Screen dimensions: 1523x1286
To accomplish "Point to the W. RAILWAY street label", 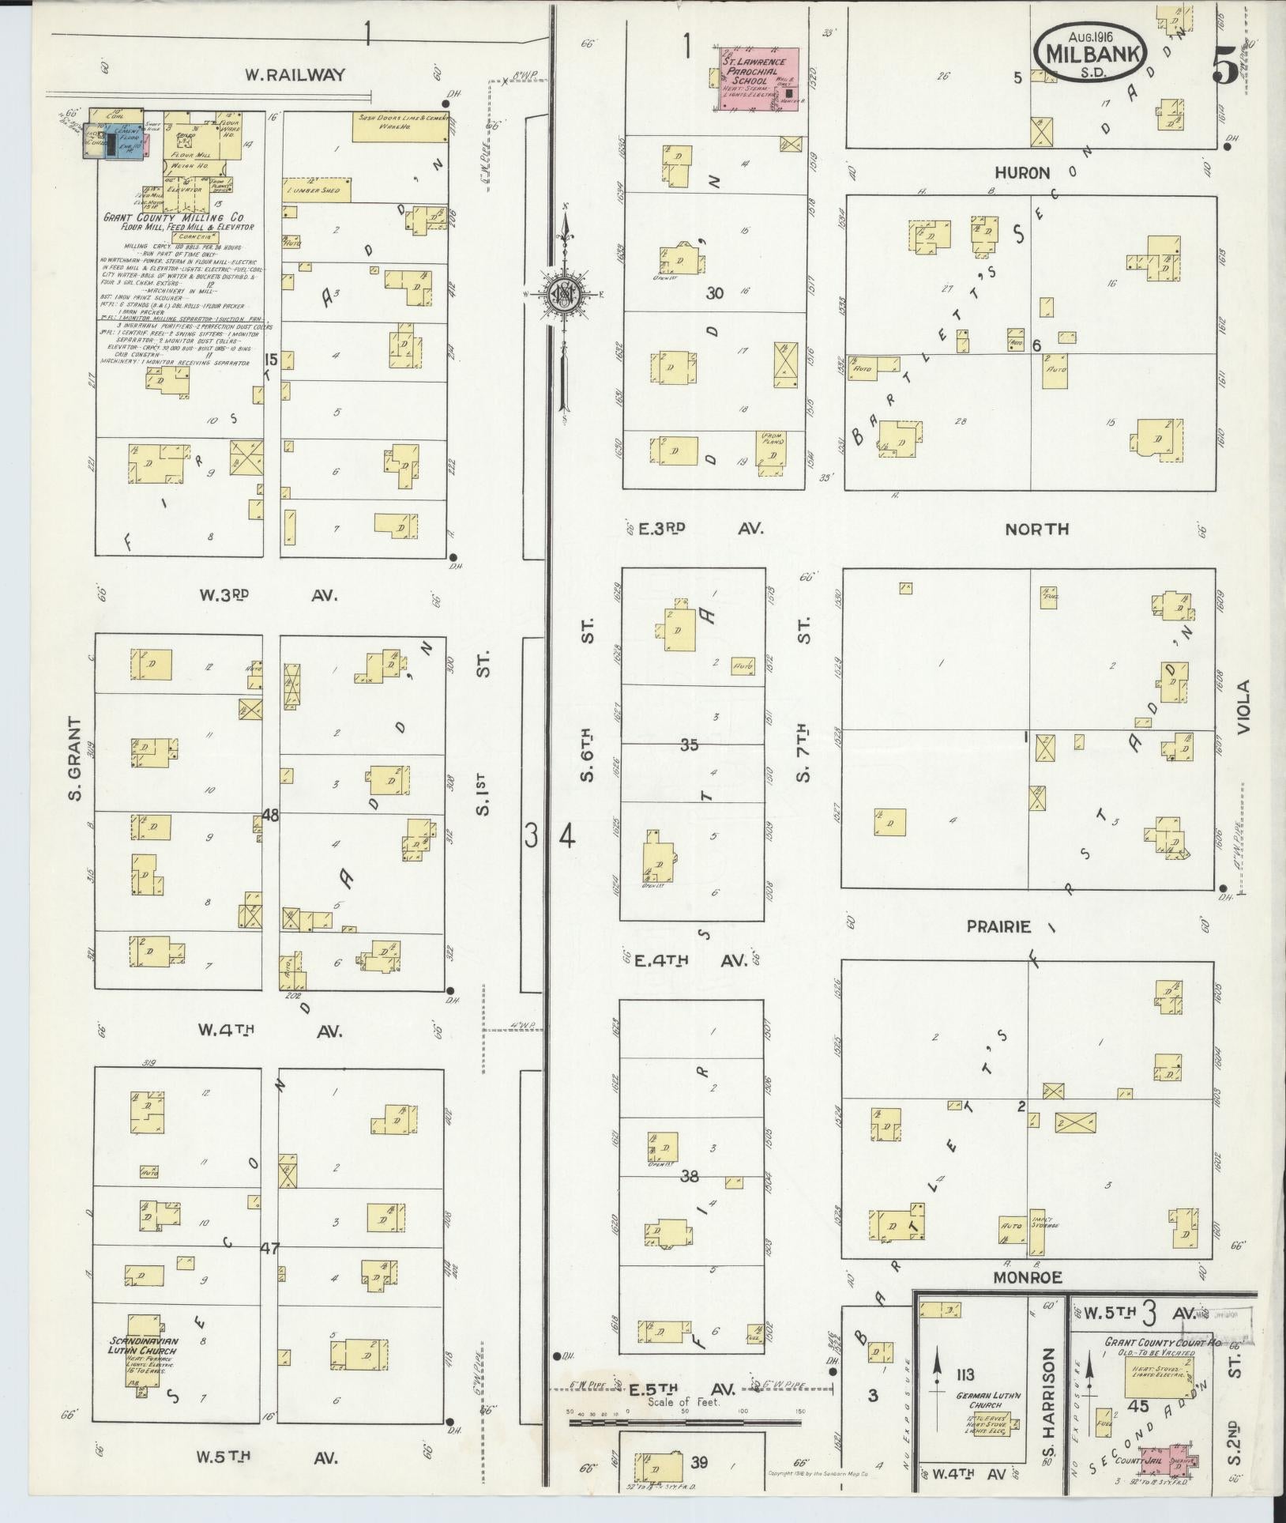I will point(295,75).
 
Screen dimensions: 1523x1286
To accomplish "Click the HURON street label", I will point(1022,172).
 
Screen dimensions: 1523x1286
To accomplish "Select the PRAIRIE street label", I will point(999,926).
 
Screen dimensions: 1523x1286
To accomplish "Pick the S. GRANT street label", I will point(76,758).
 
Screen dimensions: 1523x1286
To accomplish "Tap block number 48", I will point(270,815).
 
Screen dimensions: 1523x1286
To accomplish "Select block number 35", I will point(690,745).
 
